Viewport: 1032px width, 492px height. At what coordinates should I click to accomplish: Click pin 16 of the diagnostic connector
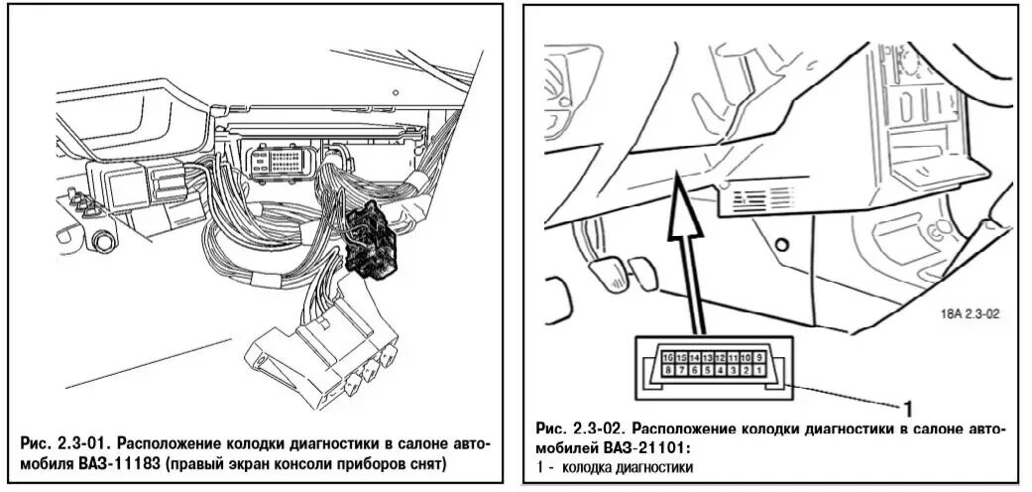[668, 356]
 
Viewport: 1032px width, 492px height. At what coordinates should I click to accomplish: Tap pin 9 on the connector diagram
[758, 356]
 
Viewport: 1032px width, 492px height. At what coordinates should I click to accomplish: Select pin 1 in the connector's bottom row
[758, 369]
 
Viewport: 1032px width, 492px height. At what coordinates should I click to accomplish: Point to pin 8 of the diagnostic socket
[668, 369]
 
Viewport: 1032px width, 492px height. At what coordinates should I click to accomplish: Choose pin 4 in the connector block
[720, 369]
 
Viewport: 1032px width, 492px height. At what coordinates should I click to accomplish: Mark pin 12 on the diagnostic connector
[720, 356]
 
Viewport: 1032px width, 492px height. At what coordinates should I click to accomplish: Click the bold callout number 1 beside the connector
[905, 405]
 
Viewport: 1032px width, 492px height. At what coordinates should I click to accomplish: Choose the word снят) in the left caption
[423, 463]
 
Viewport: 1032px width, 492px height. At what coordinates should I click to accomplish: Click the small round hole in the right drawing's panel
[783, 242]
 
